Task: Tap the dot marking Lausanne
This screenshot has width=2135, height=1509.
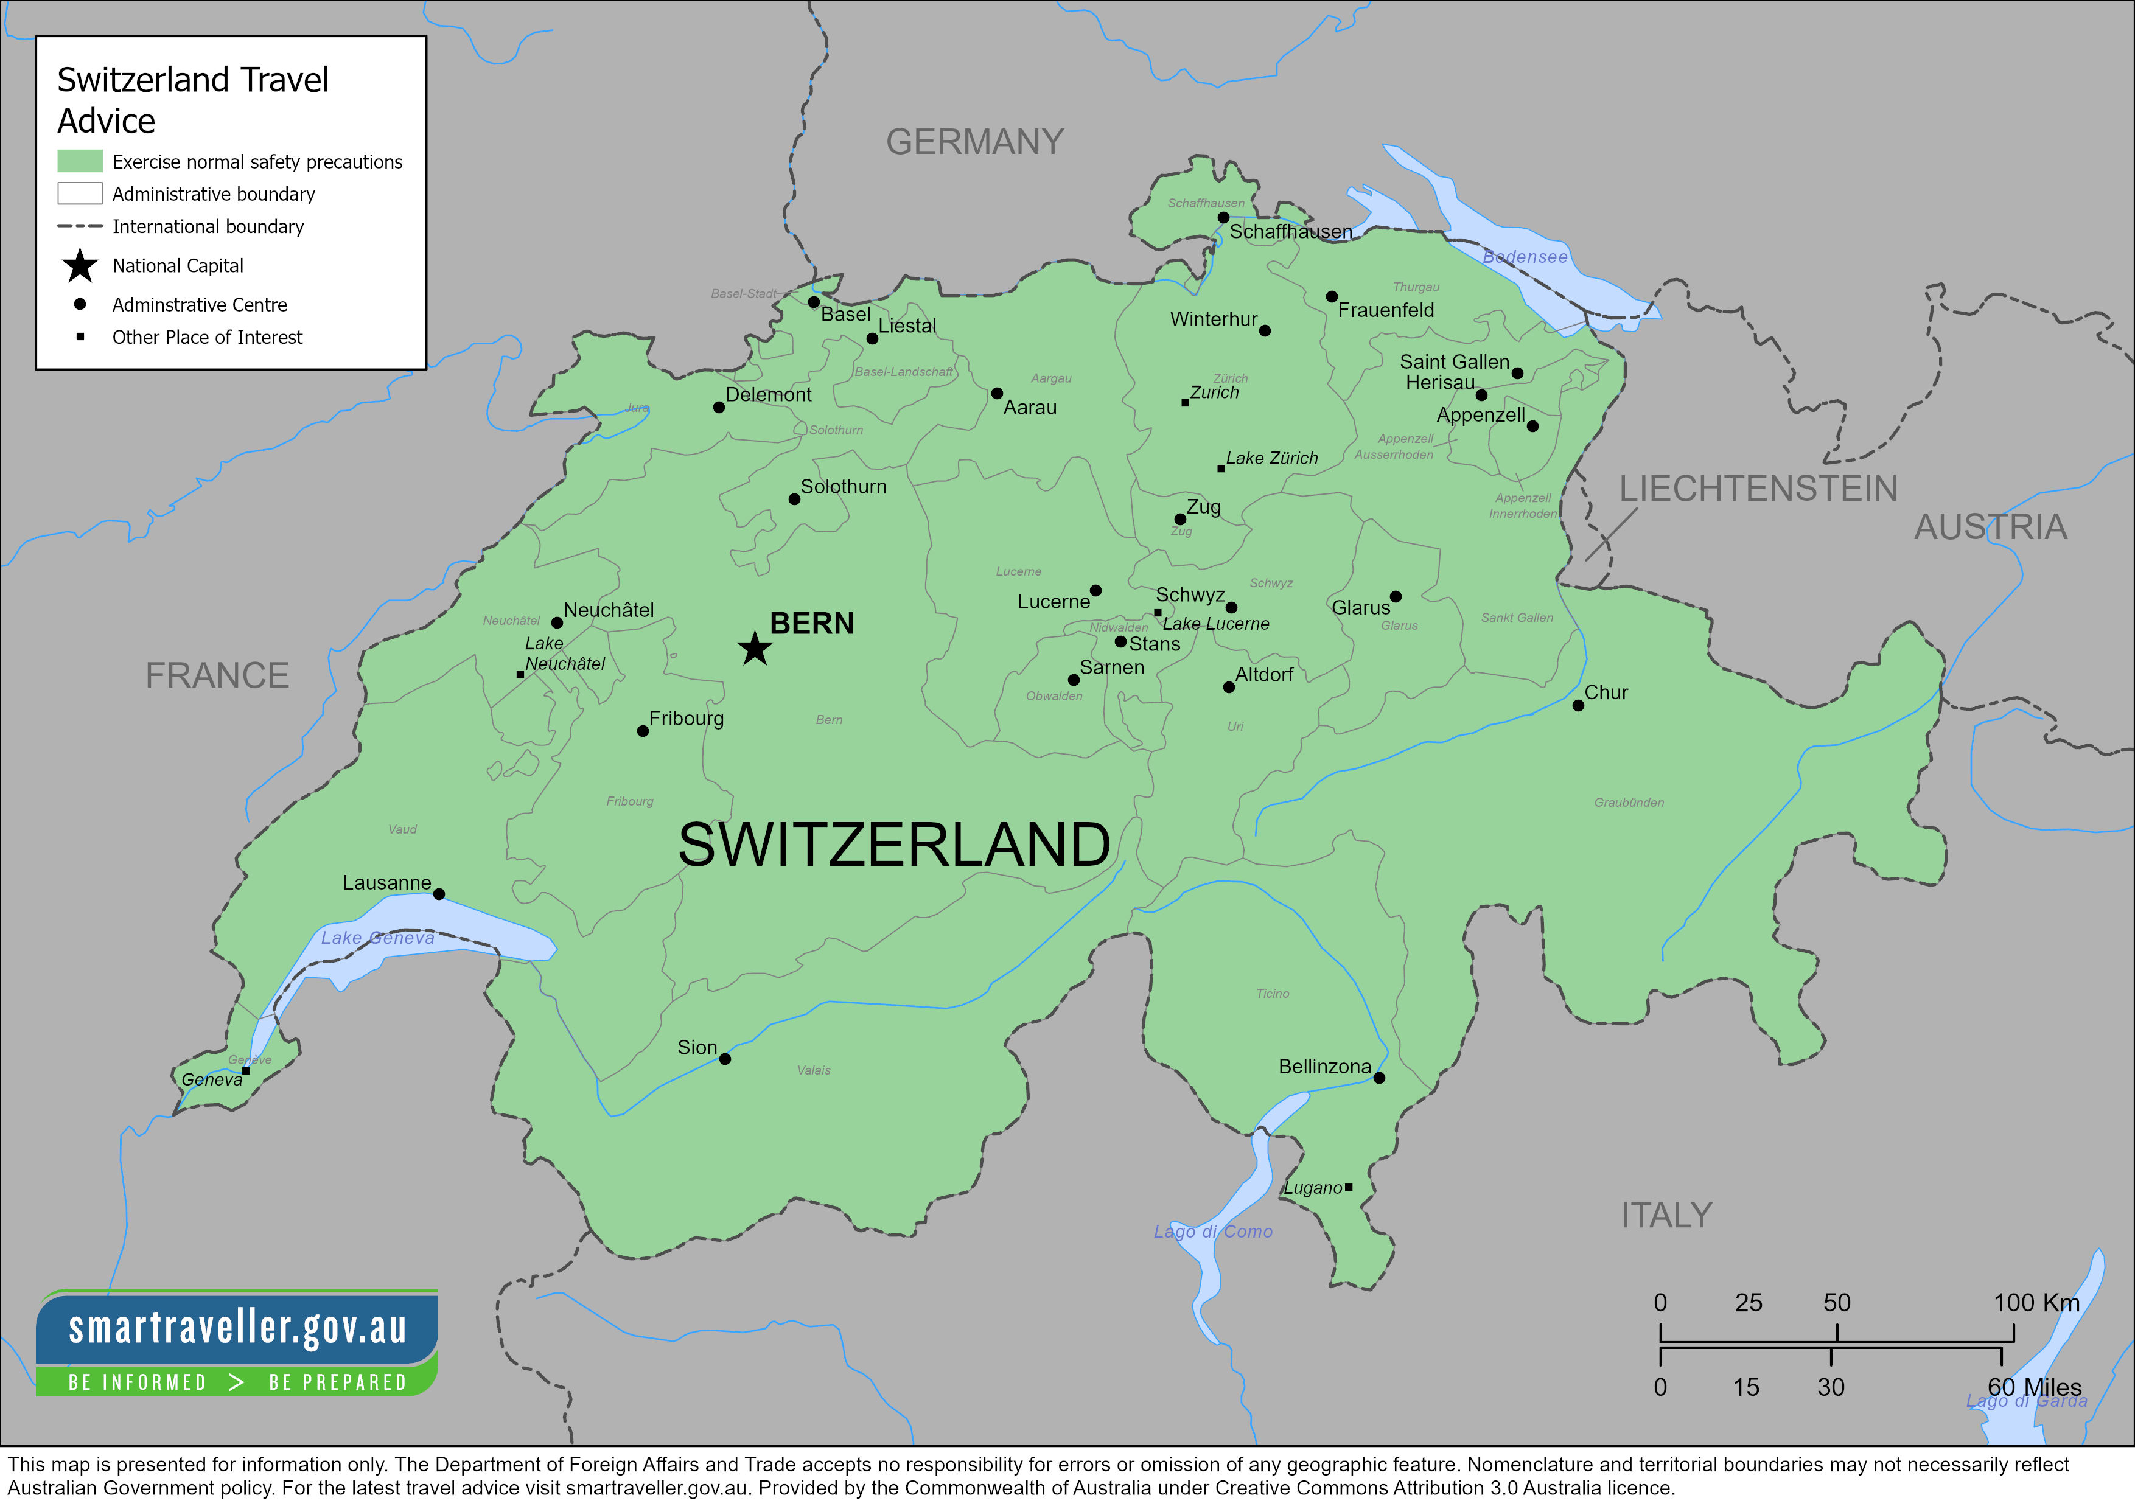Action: tap(439, 894)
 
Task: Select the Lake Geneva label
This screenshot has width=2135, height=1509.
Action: tap(377, 938)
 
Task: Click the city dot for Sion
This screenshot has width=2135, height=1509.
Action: tap(725, 1059)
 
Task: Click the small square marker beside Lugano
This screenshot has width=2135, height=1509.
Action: tap(1348, 1187)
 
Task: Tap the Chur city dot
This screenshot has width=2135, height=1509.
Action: tap(1578, 706)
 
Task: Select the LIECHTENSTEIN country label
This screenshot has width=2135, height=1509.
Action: tap(1758, 489)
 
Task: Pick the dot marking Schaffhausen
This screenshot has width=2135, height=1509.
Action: tap(1224, 218)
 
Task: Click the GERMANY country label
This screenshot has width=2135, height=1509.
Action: tap(974, 142)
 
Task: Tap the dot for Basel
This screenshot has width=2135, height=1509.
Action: tap(814, 302)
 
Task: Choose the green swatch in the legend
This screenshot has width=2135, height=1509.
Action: tap(80, 162)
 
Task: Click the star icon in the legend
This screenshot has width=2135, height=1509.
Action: tap(80, 266)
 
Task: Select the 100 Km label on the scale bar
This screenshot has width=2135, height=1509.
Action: tap(2036, 1303)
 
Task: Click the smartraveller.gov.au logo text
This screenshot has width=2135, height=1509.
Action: tap(237, 1328)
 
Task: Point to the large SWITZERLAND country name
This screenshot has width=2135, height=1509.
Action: tap(893, 845)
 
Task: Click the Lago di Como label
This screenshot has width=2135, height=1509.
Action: tap(1212, 1232)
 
